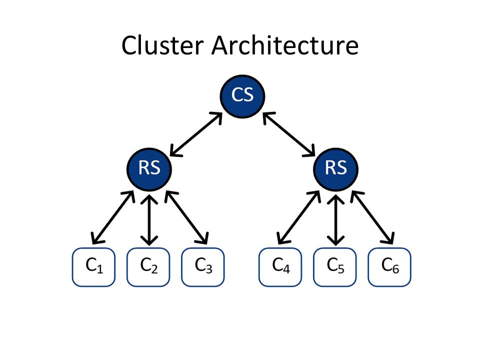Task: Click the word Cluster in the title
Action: click(162, 45)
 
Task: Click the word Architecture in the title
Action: click(285, 45)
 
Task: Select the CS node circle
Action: click(242, 96)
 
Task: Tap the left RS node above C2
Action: click(149, 169)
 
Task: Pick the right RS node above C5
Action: click(335, 169)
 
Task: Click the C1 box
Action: click(93, 267)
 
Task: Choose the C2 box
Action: click(148, 267)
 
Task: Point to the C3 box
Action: click(203, 267)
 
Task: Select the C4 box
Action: click(280, 267)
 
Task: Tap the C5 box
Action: click(335, 267)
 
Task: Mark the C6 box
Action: click(389, 267)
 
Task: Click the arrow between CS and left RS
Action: click(196, 134)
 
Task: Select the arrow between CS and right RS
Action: click(289, 134)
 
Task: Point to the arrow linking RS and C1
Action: click(113, 217)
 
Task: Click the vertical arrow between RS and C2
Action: click(149, 220)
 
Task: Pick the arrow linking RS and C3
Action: click(186, 217)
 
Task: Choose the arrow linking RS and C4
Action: click(299, 217)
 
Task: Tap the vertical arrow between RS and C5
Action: click(335, 220)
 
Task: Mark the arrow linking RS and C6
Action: click(372, 217)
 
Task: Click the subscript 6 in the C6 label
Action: click(395, 269)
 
